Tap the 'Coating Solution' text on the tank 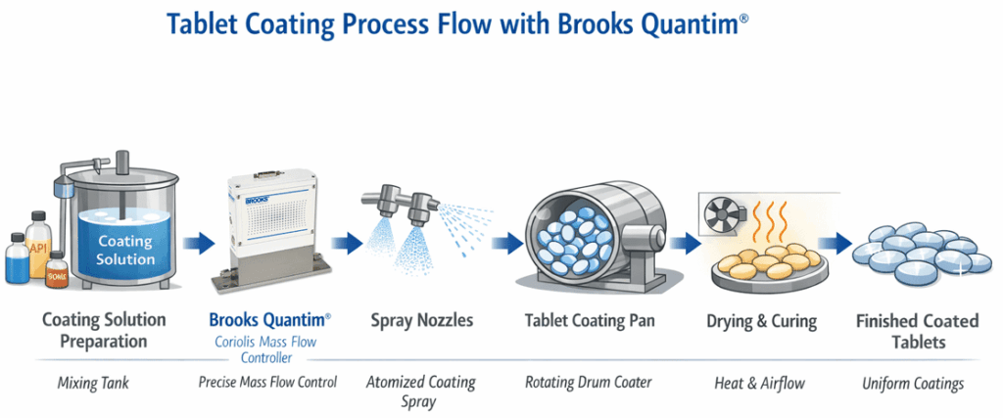click(125, 250)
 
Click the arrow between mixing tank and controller click(195, 243)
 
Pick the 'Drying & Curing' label click(752, 320)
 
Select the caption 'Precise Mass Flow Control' click(267, 382)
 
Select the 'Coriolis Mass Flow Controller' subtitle click(267, 348)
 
